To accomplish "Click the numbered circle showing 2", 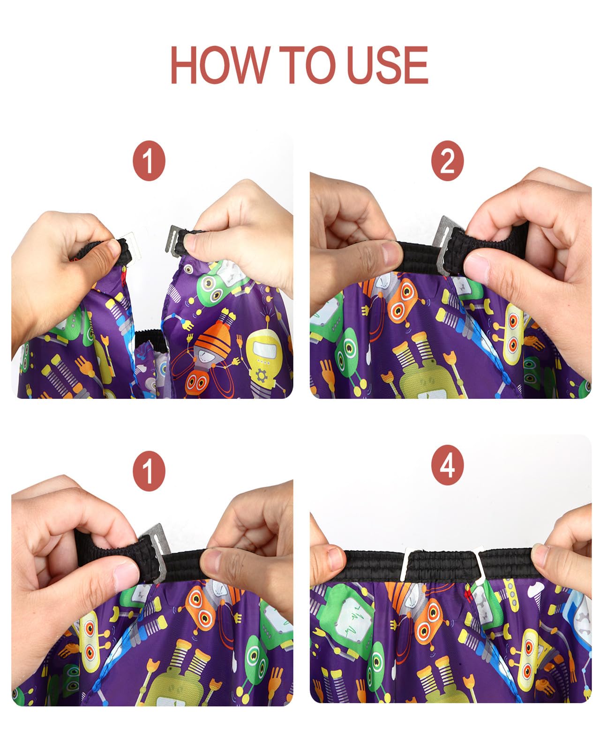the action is pyautogui.click(x=447, y=161).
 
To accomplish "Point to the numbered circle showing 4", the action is pyautogui.click(x=447, y=465).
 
